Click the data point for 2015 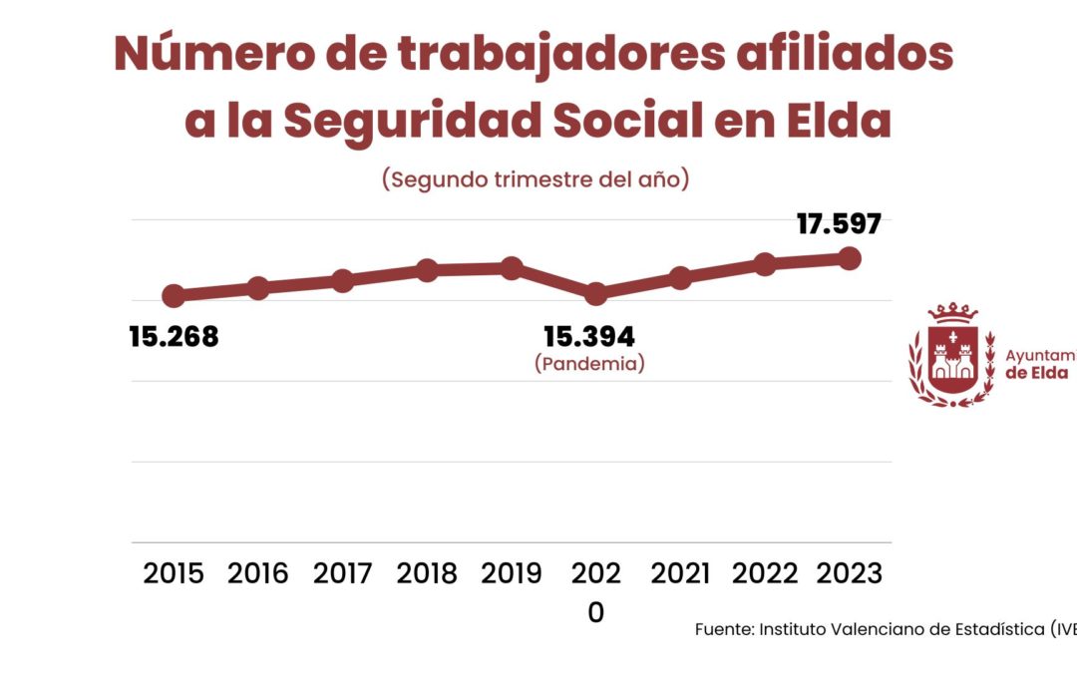(174, 295)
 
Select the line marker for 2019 (512, 268)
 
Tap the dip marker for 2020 (596, 294)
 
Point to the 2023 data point (850, 258)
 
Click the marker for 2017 (343, 281)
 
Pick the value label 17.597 (839, 223)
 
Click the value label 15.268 (174, 337)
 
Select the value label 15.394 (589, 337)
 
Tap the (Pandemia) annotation (589, 364)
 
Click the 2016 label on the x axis (258, 574)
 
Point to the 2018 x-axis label (427, 574)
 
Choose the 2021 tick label (681, 574)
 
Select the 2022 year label (765, 574)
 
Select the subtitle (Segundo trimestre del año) (537, 179)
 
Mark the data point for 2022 (765, 264)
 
